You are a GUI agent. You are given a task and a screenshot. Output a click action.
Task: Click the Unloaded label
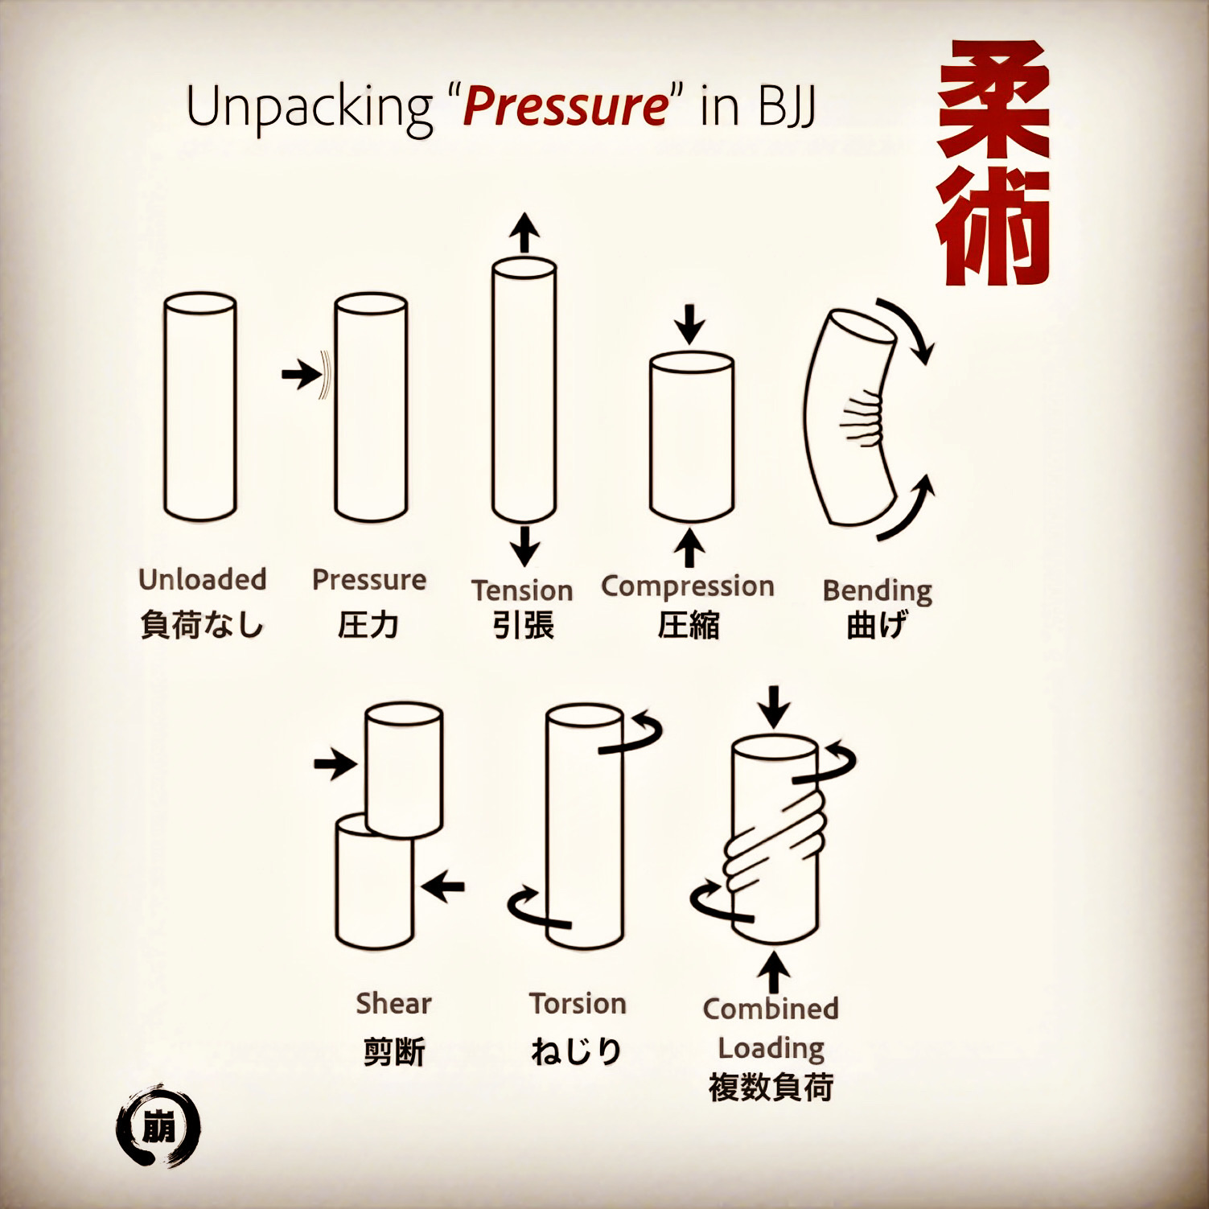(x=202, y=579)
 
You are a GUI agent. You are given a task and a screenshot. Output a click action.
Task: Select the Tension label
(x=522, y=590)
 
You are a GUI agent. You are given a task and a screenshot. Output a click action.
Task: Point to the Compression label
(x=688, y=586)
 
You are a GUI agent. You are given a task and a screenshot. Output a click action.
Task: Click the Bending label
(x=877, y=591)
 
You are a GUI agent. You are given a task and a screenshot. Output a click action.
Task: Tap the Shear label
(x=393, y=1003)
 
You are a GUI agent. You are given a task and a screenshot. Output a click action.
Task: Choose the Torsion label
(x=578, y=1003)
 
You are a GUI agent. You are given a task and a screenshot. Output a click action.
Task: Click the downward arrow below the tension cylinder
(x=524, y=546)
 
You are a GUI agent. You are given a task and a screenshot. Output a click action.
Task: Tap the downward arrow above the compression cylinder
(x=689, y=324)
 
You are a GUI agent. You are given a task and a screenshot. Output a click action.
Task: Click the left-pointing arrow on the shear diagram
(x=443, y=886)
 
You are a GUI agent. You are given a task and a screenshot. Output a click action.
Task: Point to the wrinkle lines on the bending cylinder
(x=862, y=417)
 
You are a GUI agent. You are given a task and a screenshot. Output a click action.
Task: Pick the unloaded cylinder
(x=199, y=406)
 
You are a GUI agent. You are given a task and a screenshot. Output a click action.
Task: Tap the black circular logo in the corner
(x=158, y=1126)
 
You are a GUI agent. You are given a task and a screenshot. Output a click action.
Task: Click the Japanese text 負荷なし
(x=202, y=625)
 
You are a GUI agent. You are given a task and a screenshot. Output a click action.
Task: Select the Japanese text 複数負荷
(x=771, y=1088)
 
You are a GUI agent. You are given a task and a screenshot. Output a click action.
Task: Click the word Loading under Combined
(x=771, y=1048)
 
